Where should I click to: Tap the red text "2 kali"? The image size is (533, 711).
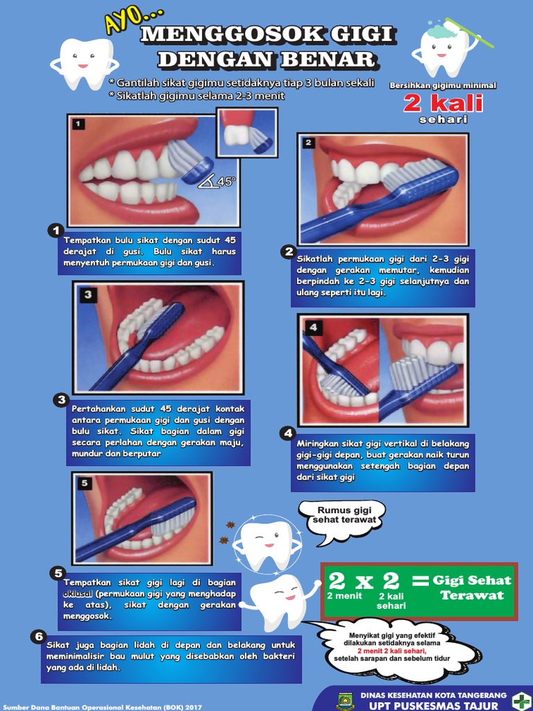coord(443,103)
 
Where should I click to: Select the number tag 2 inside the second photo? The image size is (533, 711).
coord(309,143)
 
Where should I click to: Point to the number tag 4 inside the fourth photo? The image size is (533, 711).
coord(313,326)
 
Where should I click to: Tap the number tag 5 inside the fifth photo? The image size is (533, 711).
coord(85,483)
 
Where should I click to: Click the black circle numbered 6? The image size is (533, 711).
coord(39,637)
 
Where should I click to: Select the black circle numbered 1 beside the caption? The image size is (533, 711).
coord(56,231)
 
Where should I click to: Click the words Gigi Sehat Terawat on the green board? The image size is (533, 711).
coord(471,587)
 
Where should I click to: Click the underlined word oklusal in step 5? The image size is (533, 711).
coord(78,594)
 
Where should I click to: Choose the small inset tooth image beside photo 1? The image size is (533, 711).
coord(248,133)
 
